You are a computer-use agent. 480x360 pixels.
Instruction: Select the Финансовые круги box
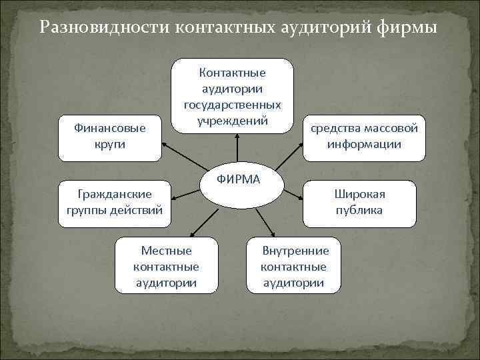point(109,135)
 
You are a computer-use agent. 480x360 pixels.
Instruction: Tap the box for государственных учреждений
point(233,95)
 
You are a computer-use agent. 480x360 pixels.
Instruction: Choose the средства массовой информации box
point(364,135)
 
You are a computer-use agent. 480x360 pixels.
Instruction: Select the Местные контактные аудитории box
point(166,266)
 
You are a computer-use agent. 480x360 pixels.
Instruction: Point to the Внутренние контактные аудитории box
point(294,266)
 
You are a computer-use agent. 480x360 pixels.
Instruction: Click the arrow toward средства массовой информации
point(288,154)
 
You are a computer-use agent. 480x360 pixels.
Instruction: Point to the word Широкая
point(360,194)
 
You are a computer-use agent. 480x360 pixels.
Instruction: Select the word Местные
point(166,251)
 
